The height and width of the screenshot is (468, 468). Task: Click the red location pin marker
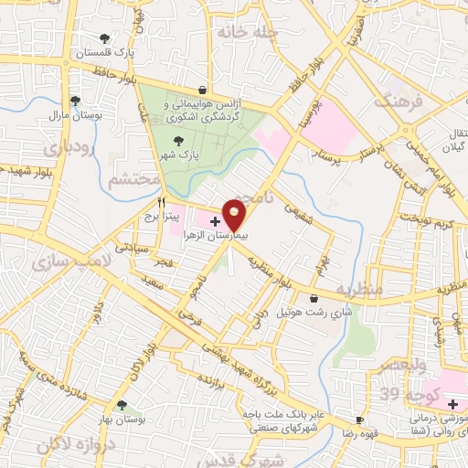[235, 214]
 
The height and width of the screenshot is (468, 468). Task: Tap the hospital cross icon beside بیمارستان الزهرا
[216, 220]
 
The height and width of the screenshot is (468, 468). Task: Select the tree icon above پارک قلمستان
[105, 38]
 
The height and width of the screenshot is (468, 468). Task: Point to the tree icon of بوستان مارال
[75, 101]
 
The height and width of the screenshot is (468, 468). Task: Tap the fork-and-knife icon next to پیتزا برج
[162, 202]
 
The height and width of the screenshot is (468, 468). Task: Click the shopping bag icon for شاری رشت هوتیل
[314, 298]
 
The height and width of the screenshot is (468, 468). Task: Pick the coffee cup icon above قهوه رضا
[359, 420]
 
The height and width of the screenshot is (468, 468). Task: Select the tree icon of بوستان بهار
[121, 404]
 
